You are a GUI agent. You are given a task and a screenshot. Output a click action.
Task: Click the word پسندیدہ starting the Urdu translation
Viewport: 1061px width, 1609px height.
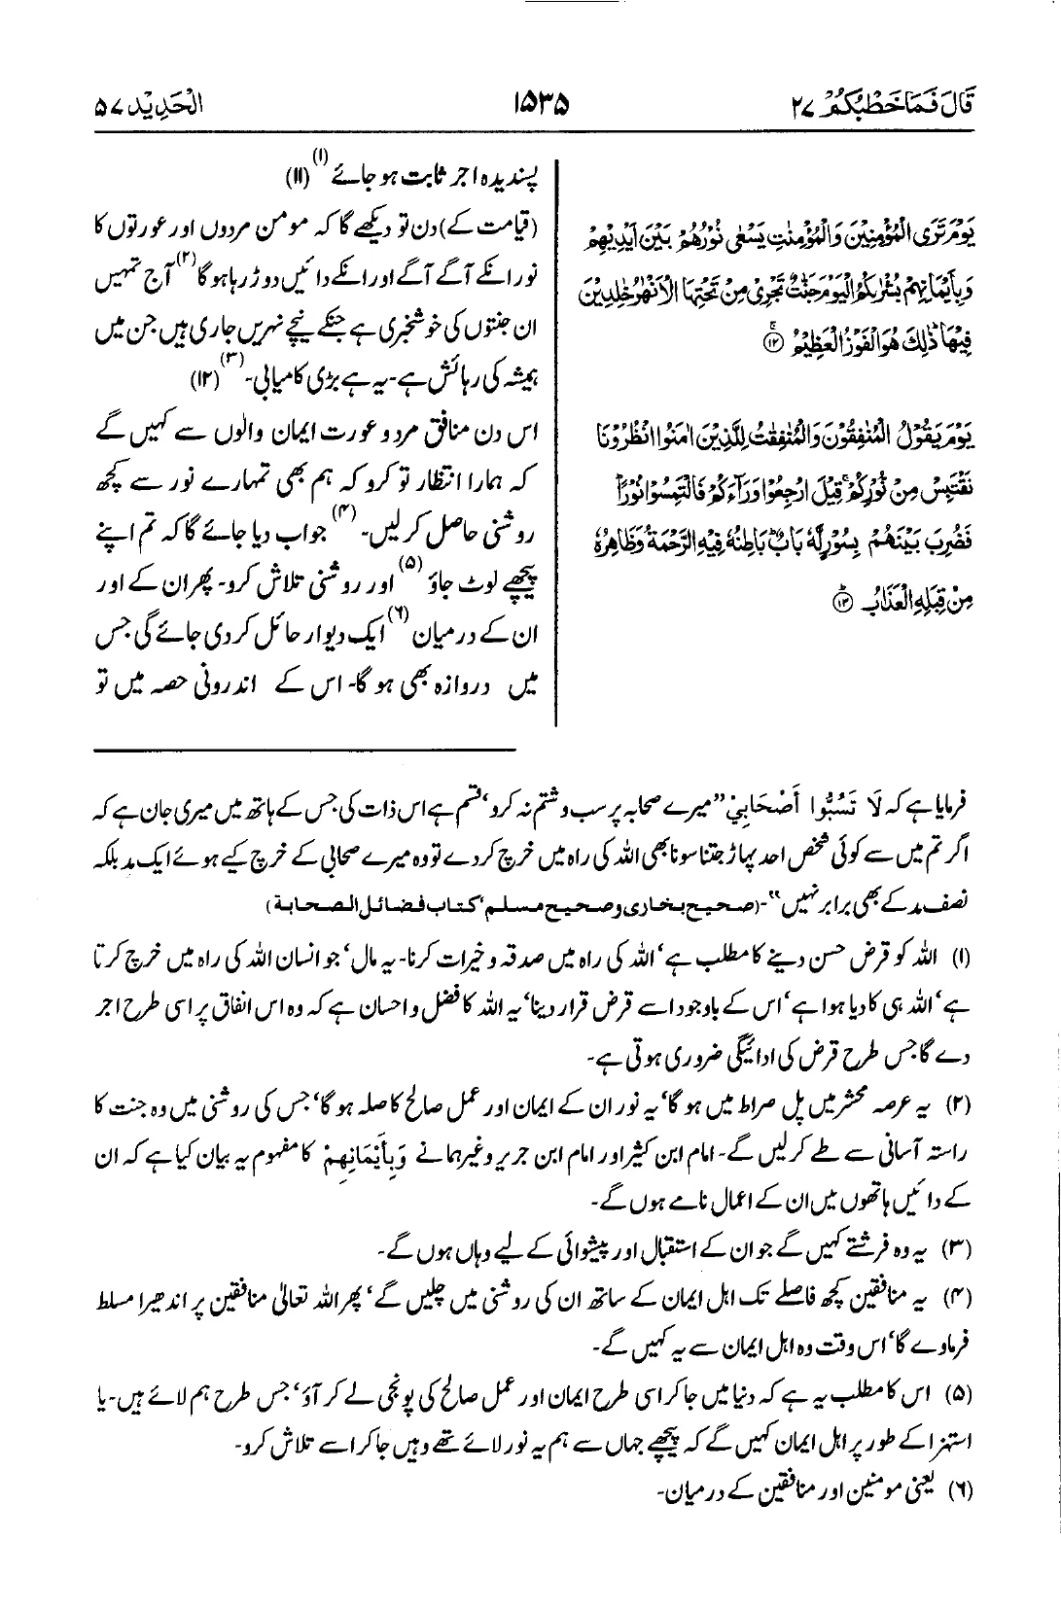click(502, 184)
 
